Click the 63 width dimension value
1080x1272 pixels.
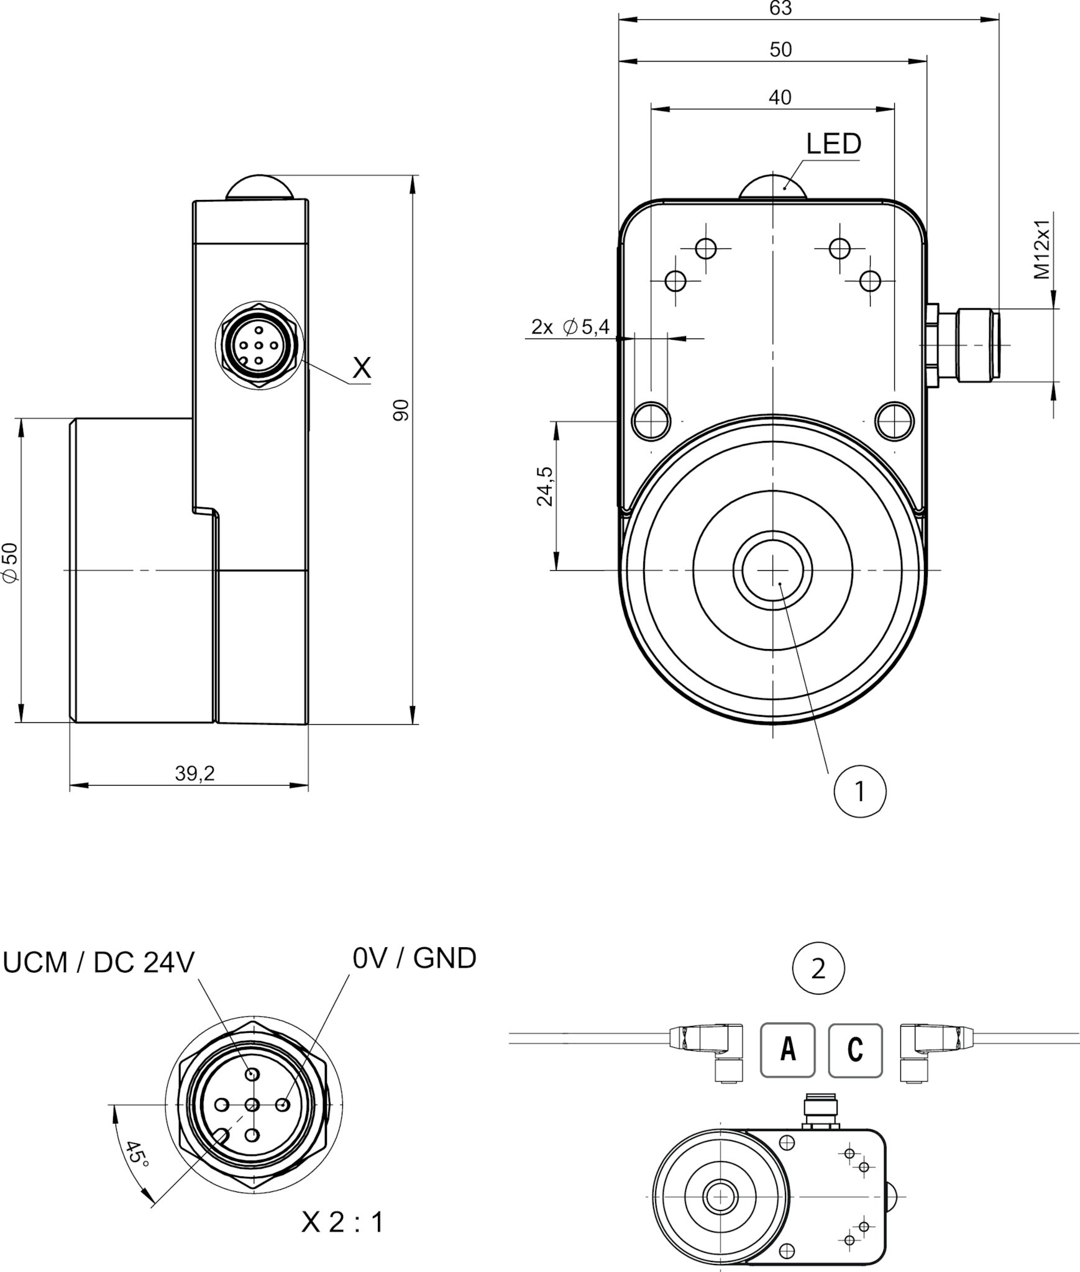tap(780, 9)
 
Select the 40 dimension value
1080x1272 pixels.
tap(780, 98)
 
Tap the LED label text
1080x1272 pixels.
tap(833, 144)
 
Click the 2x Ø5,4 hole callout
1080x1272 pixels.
tap(570, 327)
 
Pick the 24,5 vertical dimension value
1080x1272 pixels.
tap(545, 486)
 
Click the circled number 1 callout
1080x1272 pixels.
tap(860, 792)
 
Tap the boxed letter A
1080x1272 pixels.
tap(787, 1050)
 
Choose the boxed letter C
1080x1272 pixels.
tap(855, 1050)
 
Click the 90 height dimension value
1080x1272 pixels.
tap(402, 410)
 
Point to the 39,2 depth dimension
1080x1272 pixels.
tap(194, 774)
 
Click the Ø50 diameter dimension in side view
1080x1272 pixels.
tap(11, 563)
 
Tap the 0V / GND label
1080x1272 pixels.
tap(414, 958)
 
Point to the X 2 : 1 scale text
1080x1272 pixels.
tap(342, 1222)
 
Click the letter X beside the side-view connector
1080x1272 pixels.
tap(362, 368)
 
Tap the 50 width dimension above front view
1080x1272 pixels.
tap(780, 50)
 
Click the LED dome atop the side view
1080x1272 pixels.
tap(259, 186)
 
